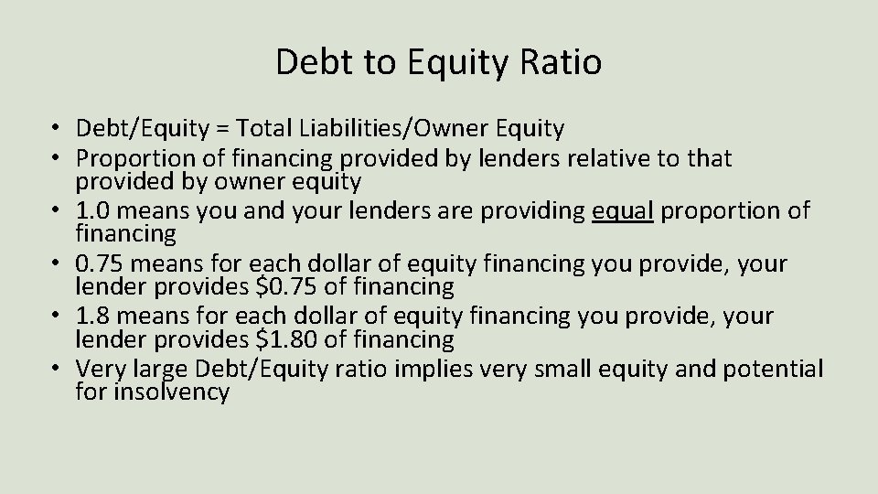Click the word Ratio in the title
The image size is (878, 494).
click(563, 62)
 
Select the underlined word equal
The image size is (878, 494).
click(623, 211)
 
